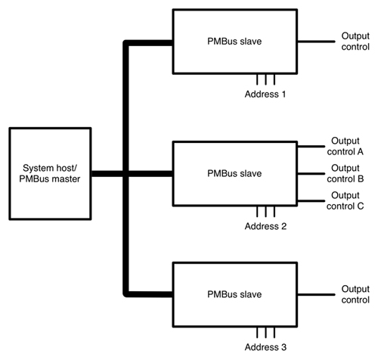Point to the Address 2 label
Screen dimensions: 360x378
pos(266,225)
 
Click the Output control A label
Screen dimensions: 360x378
pos(347,147)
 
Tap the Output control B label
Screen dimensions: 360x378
pos(347,173)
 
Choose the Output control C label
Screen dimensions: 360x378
pos(347,200)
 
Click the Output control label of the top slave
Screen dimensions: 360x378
pos(354,41)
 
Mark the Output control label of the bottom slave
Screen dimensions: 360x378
pos(354,293)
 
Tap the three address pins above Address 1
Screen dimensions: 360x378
pos(265,79)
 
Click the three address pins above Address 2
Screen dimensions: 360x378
pos(265,212)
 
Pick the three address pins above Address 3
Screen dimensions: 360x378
pos(265,332)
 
